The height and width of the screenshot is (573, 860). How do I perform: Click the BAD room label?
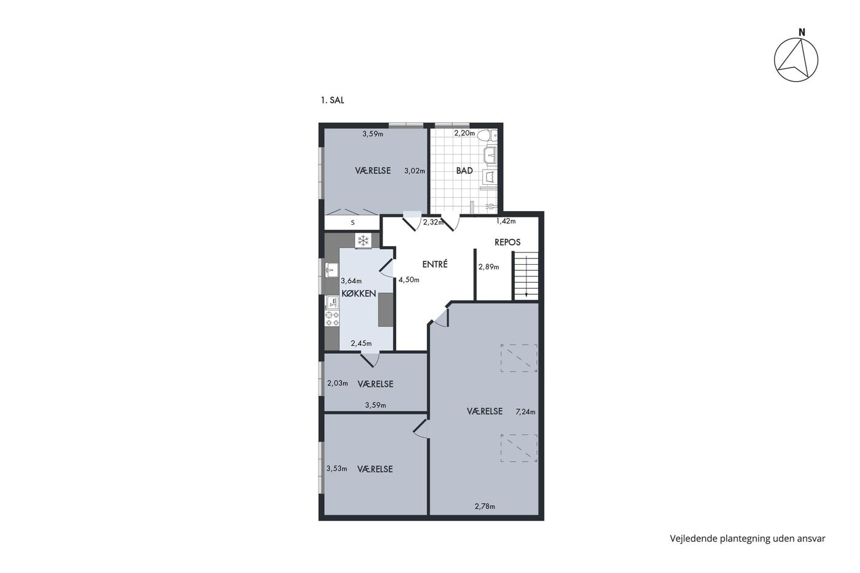click(464, 171)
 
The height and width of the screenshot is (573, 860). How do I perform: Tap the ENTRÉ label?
click(435, 264)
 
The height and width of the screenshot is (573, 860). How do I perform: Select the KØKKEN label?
click(359, 294)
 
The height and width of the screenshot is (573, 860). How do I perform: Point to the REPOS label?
click(507, 242)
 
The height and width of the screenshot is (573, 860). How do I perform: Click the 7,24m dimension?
click(525, 412)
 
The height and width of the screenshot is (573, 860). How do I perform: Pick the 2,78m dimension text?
click(485, 506)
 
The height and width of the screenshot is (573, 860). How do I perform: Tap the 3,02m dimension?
click(415, 171)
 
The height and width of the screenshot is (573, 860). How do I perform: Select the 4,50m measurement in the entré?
click(409, 280)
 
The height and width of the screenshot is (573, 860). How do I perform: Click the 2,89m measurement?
click(488, 267)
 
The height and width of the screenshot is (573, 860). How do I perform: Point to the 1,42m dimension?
click(506, 221)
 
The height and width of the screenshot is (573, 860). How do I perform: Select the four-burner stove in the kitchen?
click(332, 318)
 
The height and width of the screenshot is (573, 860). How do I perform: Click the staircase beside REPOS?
click(526, 276)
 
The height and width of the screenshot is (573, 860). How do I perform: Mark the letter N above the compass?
click(802, 33)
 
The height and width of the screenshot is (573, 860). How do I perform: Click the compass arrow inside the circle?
click(797, 61)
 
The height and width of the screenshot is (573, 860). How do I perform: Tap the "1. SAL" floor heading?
click(332, 100)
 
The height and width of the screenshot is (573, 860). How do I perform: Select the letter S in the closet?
click(353, 222)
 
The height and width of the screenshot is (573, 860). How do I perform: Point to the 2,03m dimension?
click(337, 383)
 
